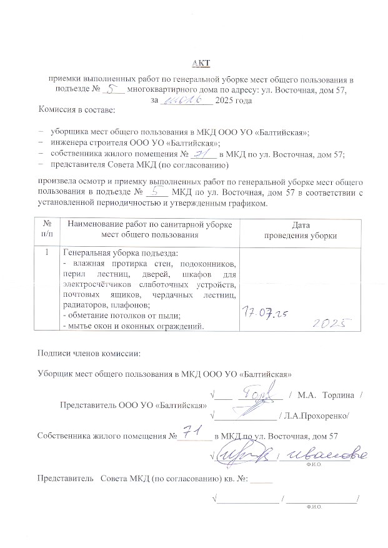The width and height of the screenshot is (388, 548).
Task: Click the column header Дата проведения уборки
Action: click(x=301, y=230)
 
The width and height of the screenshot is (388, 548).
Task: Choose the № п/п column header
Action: click(x=47, y=230)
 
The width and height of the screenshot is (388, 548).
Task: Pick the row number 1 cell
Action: click(x=47, y=253)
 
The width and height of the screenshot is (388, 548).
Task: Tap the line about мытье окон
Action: click(x=134, y=326)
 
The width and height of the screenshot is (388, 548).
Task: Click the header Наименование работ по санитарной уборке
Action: click(x=149, y=224)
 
